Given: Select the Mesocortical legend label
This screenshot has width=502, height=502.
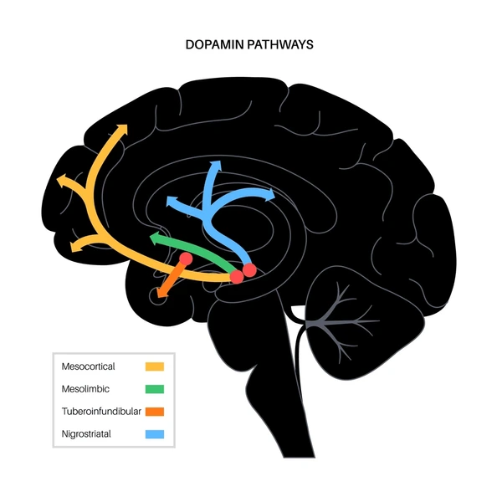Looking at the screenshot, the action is [88, 366].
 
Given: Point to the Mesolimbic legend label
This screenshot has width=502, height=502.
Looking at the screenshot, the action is [85, 389].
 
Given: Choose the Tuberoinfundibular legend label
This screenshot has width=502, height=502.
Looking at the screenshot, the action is [101, 412].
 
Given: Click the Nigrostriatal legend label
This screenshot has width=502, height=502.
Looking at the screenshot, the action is [86, 433].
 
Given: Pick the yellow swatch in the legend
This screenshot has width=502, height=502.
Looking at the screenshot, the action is [155, 366].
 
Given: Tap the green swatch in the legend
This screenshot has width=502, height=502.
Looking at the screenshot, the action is [155, 389].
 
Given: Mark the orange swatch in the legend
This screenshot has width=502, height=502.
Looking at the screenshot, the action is [155, 412].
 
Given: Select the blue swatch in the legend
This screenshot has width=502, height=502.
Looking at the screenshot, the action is [155, 434].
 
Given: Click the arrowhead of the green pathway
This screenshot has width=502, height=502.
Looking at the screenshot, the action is [155, 238].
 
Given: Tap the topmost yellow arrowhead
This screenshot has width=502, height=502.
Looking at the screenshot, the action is [123, 129].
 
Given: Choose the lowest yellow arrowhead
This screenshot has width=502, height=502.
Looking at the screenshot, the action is [75, 247].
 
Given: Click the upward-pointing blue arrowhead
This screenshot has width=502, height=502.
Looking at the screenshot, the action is [216, 165].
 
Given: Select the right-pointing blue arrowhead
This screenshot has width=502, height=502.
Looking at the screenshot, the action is [270, 195].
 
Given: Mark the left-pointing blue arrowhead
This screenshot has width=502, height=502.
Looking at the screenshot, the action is [172, 202].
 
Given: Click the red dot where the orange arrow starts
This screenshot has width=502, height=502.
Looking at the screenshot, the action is [186, 259].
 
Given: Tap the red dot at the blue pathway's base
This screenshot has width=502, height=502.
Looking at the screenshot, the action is [249, 270].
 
